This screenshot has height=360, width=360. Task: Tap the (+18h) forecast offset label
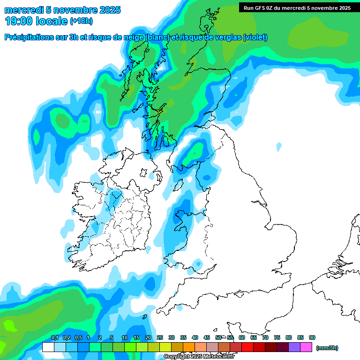click(x=82, y=21)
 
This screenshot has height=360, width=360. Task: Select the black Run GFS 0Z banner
click(x=297, y=7)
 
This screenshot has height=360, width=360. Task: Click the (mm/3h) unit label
click(x=327, y=348)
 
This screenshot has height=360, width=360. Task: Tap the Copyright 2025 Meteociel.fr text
click(x=199, y=357)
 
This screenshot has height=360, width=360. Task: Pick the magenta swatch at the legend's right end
click(x=306, y=347)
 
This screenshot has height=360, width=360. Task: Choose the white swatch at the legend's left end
click(x=48, y=347)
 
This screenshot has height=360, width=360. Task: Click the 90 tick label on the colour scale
click(x=312, y=338)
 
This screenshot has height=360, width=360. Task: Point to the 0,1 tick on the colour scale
click(x=54, y=338)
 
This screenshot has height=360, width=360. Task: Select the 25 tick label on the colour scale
click(x=160, y=338)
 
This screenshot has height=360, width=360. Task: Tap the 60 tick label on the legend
click(x=242, y=338)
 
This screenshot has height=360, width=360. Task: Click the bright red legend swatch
click(x=247, y=347)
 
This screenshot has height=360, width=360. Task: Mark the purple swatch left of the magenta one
click(x=294, y=347)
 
